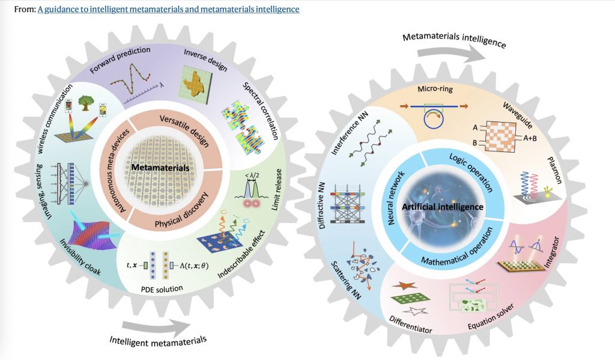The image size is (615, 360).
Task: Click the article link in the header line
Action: [168, 10]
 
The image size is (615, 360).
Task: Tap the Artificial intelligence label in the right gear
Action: [443, 207]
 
